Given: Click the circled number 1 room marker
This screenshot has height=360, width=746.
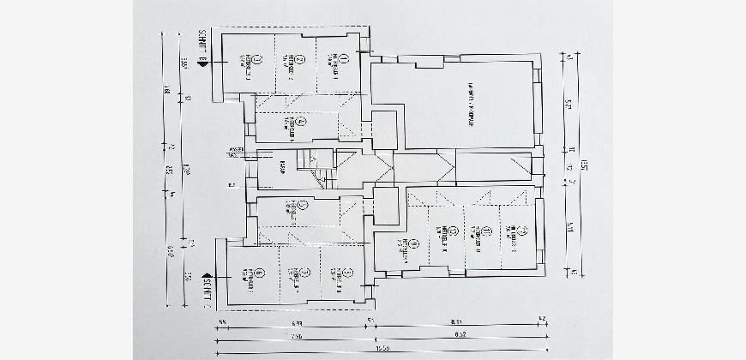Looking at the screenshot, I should tap(340, 58).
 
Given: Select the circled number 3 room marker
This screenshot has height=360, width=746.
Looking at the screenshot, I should tap(258, 59).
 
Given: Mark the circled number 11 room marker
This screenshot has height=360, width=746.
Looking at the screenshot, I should tap(485, 231).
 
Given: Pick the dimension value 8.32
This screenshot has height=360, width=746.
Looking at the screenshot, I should tap(460, 335).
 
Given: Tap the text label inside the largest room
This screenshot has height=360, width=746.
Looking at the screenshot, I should tap(470, 103).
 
